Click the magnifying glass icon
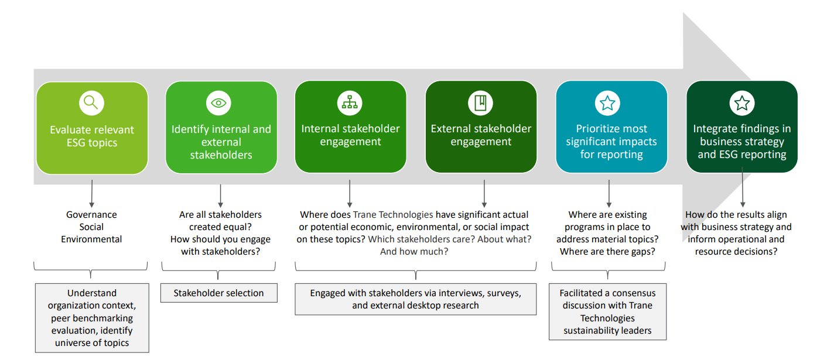pos(91,103)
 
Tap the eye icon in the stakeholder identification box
pos(218,103)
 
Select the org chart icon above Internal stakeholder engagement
pos(350,103)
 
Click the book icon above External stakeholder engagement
pos(480,103)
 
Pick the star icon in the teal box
pos(607,104)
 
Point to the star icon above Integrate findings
pos(741,104)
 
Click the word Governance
pos(91,215)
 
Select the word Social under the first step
pos(91,227)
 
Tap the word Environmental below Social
pos(91,239)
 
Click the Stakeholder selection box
pos(218,293)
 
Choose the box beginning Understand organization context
pos(92,318)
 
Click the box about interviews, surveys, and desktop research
pos(415,299)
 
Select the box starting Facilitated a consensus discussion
pos(607,311)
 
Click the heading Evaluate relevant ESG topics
pos(92,136)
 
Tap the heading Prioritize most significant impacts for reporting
pos(611,142)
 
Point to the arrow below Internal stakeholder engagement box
pos(350,193)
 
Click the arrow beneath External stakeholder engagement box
pos(484,193)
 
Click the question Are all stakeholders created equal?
pos(220,221)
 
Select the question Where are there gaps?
pos(607,252)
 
